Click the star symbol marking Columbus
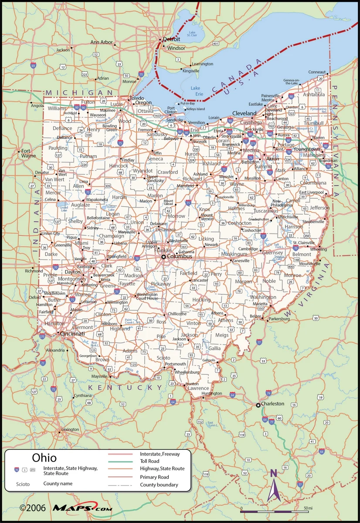pos(164,257)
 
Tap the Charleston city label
pos(272,404)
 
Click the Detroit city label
pos(171,39)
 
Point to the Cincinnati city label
pos(72,333)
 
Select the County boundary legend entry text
pos(159,485)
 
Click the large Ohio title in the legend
pos(44,458)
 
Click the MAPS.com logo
pos(82,508)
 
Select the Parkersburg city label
pos(279,319)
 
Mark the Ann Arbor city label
pos(101,42)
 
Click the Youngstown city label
pos(307,149)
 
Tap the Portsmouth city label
pos(176,364)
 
